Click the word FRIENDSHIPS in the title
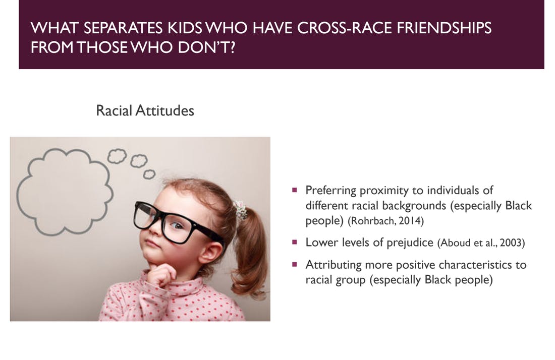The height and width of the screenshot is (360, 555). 444,28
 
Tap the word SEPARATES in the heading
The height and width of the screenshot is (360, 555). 123,28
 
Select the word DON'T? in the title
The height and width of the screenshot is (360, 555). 206,47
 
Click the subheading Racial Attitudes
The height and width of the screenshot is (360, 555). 145,111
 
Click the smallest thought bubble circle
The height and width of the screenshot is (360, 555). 149,174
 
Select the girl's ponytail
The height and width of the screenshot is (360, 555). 249,251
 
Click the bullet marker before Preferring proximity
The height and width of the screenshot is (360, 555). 295,190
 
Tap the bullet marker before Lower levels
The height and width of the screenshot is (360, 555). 295,242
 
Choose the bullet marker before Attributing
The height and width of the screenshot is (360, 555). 295,265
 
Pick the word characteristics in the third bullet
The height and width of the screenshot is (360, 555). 477,265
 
